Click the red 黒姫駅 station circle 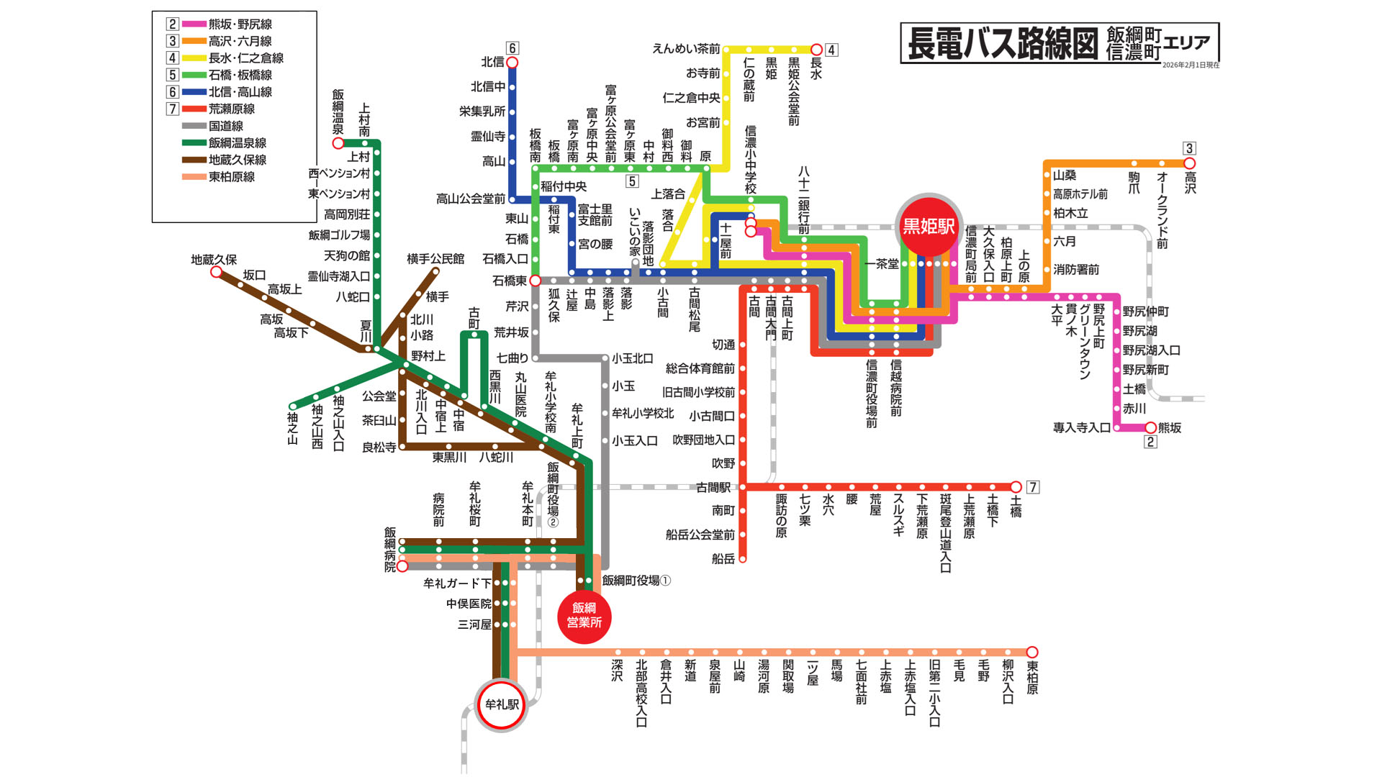[x=929, y=227]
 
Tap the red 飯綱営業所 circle [x=584, y=616]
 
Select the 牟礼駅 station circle [x=502, y=704]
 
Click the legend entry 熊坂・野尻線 [x=240, y=24]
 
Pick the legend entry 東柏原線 [x=231, y=177]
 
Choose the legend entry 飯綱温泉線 [x=237, y=143]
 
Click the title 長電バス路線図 [x=1002, y=43]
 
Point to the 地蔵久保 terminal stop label [x=213, y=260]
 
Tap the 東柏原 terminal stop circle [x=1032, y=652]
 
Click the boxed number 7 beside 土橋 [x=1033, y=487]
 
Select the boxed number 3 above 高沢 [x=1189, y=148]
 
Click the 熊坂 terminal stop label [x=1170, y=427]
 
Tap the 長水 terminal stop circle [x=816, y=50]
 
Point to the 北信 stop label [x=492, y=62]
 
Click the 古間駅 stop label [x=713, y=487]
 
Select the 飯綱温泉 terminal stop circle [x=338, y=143]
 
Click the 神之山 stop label [x=292, y=428]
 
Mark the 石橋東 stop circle [x=535, y=281]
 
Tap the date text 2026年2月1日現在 [x=1191, y=65]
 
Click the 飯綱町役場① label [x=636, y=581]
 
